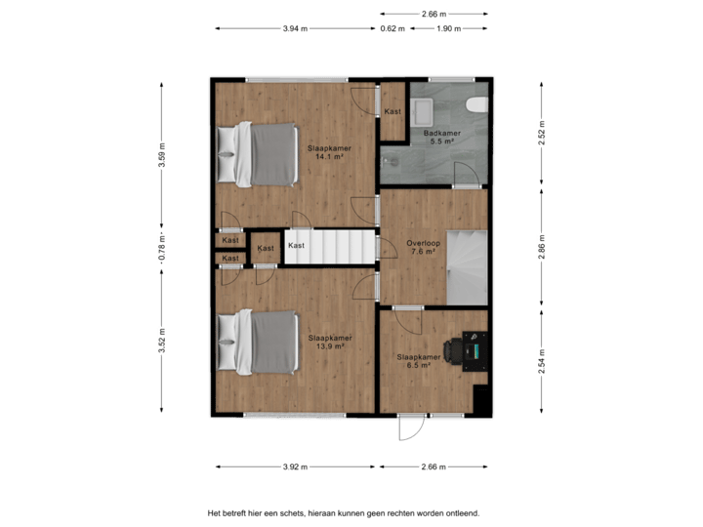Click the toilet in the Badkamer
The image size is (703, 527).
[476, 105]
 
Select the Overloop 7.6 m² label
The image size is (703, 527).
[424, 248]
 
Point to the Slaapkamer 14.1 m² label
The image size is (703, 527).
[328, 151]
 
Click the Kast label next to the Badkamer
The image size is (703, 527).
[393, 111]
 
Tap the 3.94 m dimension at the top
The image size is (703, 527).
[295, 28]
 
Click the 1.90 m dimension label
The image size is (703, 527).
[448, 28]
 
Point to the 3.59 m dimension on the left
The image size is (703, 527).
[162, 156]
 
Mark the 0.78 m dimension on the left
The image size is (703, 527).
[162, 249]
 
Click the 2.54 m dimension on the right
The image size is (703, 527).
[540, 362]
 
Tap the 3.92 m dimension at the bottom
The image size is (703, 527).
[295, 466]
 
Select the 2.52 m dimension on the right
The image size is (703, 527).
[540, 133]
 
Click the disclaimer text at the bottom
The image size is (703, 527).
[343, 511]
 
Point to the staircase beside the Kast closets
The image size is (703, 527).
[330, 247]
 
